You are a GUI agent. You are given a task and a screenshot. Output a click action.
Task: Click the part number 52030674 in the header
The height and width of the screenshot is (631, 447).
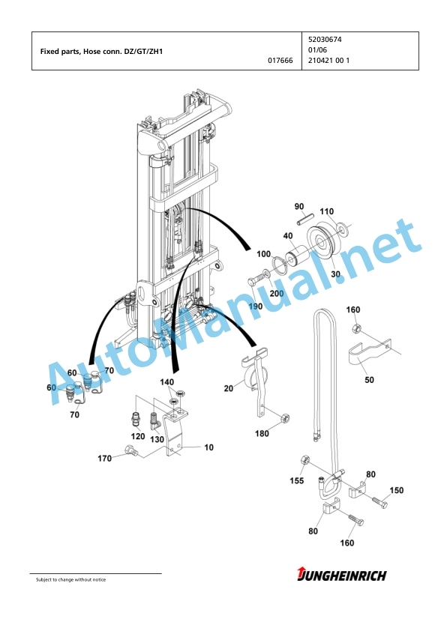(325, 40)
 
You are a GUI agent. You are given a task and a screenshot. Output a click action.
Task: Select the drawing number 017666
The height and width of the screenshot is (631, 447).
(280, 61)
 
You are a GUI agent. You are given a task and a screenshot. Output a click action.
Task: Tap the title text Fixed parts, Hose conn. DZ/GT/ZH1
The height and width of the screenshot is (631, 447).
(101, 52)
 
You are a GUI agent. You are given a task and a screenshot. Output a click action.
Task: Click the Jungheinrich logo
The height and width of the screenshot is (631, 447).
(341, 575)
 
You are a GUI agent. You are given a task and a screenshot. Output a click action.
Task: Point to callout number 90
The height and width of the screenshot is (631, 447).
(299, 206)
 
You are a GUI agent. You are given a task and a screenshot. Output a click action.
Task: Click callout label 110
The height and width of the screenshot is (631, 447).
(326, 211)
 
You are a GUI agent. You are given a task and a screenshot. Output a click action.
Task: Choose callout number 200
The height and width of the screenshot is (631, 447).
(277, 293)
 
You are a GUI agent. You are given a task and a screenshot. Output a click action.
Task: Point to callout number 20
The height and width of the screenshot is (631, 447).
(228, 388)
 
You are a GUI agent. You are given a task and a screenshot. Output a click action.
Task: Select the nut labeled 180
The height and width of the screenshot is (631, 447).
(285, 418)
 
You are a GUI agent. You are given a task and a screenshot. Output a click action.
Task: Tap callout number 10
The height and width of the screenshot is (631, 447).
(209, 447)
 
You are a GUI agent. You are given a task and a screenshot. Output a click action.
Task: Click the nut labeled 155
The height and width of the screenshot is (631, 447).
(304, 460)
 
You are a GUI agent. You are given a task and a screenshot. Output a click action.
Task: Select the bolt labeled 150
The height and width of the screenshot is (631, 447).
(379, 502)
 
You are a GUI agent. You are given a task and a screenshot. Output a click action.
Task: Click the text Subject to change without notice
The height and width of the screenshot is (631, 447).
(71, 579)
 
